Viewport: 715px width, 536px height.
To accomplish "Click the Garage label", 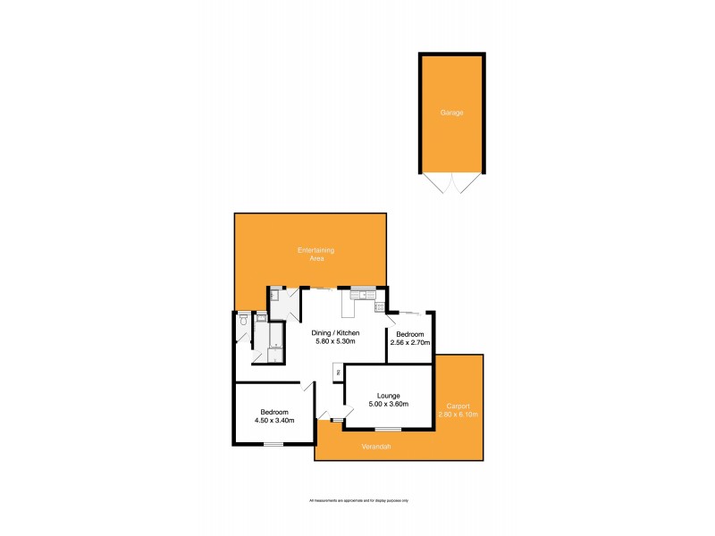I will tap(451, 113).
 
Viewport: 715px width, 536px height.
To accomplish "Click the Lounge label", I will tap(388, 395).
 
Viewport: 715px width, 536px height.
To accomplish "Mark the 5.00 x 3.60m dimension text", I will tap(388, 404).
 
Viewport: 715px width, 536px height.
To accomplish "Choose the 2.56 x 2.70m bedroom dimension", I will tap(410, 342).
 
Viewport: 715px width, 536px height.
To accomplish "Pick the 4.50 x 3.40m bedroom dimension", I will tap(273, 421).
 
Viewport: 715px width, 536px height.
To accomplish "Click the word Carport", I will tap(458, 406).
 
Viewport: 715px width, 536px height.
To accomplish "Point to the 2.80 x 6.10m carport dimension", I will tap(458, 415).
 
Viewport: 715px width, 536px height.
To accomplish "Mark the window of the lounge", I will tap(388, 430).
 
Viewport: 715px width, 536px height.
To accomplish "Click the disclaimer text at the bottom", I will tap(357, 500).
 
